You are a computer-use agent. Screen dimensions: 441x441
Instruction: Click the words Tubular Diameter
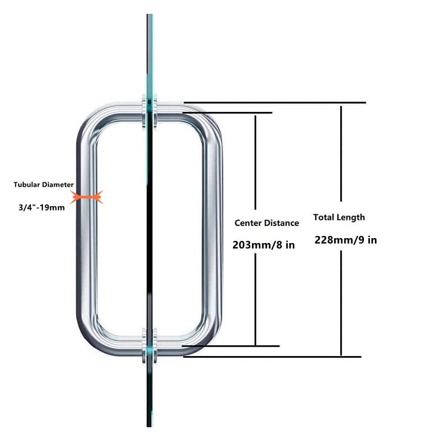[44, 185]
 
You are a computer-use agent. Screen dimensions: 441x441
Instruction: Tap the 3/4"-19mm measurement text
[42, 208]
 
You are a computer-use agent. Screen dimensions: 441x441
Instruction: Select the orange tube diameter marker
[87, 196]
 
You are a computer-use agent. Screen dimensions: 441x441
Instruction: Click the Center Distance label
[267, 223]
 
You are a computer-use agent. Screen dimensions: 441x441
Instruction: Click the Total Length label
[339, 217]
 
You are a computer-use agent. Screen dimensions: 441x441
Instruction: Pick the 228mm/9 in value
[346, 240]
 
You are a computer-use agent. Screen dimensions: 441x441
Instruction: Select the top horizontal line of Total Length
[276, 103]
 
